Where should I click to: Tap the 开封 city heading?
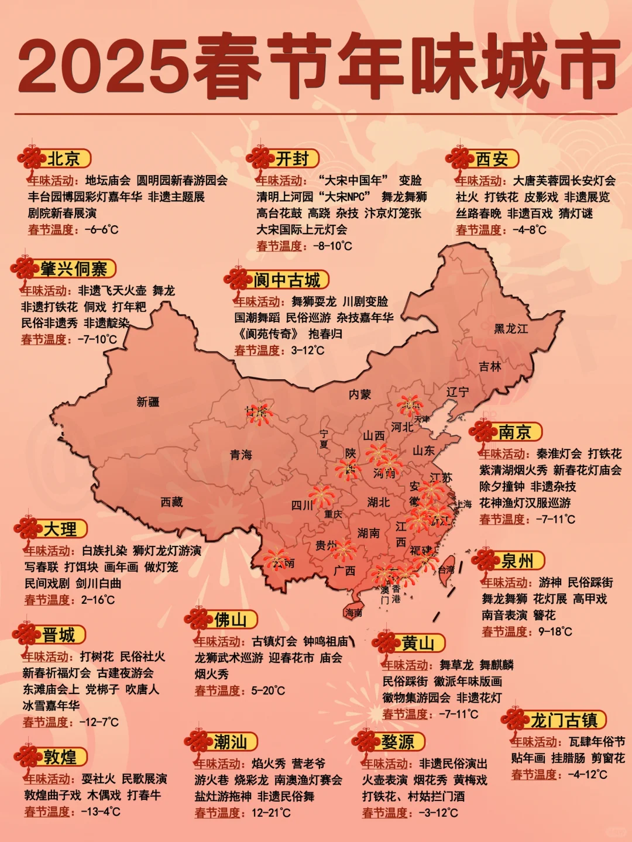point(292,159)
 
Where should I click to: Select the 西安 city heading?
point(492,159)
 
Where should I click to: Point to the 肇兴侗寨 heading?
point(74,269)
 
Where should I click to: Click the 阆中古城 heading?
point(287,280)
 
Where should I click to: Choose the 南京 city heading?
point(514,432)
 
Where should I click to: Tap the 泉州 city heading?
point(517,561)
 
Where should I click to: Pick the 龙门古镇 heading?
point(564,720)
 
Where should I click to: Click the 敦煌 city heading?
point(60,757)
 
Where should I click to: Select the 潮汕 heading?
point(230,743)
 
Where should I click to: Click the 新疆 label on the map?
point(147,402)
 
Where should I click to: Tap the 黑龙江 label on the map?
point(511,329)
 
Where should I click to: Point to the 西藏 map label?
point(171,501)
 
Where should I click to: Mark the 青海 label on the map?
point(241,455)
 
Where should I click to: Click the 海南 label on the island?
point(353,613)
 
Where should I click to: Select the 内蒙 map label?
point(359,394)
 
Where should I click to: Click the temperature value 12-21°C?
point(271,813)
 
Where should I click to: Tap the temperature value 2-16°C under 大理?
point(98,600)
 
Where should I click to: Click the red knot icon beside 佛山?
point(198,620)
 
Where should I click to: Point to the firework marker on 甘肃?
point(258,414)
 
